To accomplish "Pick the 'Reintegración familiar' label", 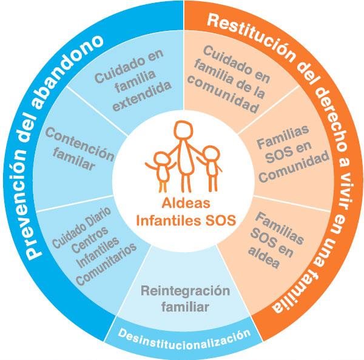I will click(x=177, y=298).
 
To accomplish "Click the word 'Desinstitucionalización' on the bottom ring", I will click(x=184, y=334).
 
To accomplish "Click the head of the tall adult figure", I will click(x=184, y=131).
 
